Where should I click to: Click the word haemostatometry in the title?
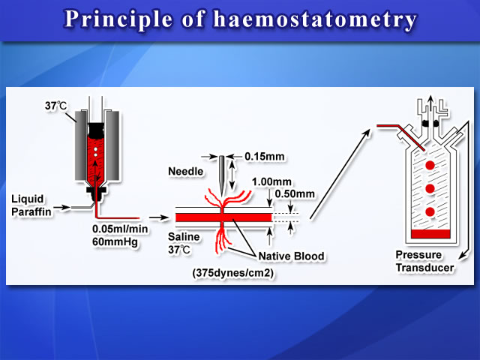[315, 19]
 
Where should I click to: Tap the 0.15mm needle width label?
[265, 157]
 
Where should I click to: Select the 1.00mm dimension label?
[271, 181]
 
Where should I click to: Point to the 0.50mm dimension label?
[295, 193]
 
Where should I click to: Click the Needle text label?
[185, 171]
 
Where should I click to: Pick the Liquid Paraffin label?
[31, 205]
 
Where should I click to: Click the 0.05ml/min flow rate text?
[120, 229]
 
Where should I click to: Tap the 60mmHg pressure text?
[115, 241]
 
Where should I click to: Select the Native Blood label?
[291, 256]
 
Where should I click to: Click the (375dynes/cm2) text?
[233, 272]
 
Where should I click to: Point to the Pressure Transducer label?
[424, 261]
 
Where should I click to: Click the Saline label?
[184, 237]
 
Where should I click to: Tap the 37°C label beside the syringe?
[55, 106]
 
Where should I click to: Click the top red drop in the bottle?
[430, 165]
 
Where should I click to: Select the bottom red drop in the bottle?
[430, 211]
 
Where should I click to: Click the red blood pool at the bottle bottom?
[430, 233]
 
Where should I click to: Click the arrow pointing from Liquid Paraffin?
[61, 207]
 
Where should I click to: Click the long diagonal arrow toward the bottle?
[340, 174]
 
